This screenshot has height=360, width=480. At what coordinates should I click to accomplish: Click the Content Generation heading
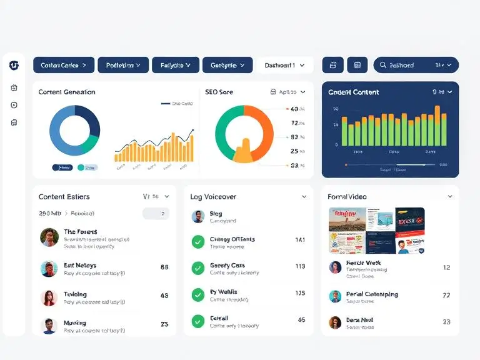point(67,92)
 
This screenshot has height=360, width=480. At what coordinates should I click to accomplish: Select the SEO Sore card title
point(219,92)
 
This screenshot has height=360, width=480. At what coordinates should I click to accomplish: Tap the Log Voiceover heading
point(213,197)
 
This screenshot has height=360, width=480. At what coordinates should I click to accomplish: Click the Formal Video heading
point(347,197)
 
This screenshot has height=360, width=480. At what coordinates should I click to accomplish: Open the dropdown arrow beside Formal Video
point(449,197)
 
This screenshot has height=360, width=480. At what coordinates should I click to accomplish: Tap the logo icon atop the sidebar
point(14,65)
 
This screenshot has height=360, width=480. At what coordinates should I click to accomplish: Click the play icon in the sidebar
point(14,105)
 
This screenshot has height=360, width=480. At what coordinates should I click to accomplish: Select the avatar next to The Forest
point(49,237)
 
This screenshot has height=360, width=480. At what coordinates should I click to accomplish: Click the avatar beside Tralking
point(49,297)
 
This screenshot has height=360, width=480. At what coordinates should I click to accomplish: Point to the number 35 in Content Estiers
point(164,324)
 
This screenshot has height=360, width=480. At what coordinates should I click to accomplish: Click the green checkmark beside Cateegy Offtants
point(198,242)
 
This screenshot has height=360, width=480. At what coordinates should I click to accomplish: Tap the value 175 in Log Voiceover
point(300,293)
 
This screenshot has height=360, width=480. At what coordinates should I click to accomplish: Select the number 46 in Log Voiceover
point(301,319)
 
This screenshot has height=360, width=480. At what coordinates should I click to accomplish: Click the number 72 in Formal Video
point(446,295)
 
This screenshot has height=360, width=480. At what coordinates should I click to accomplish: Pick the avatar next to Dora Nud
point(335,322)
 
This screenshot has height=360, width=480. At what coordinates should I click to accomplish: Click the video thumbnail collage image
point(377,231)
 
